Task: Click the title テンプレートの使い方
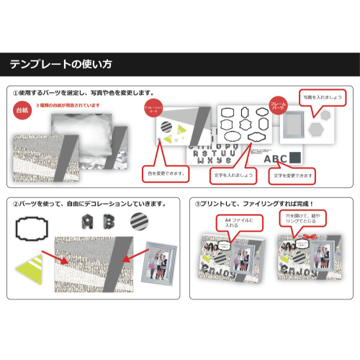pos(61,65)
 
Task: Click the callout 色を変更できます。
pos(166,173)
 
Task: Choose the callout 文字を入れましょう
pos(232,175)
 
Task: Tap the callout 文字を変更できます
pos(291,175)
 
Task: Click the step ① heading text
pos(83,93)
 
